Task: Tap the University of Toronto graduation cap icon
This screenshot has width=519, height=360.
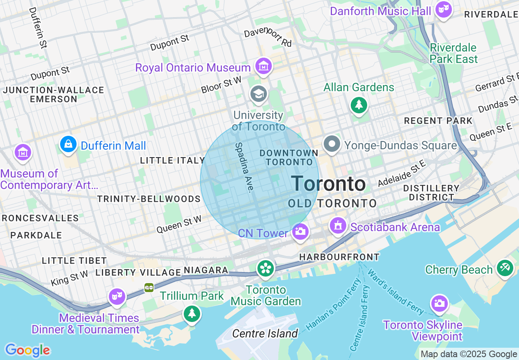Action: pyautogui.click(x=259, y=94)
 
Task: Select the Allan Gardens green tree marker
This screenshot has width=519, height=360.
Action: pyautogui.click(x=359, y=105)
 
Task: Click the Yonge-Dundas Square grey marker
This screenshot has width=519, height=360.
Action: pyautogui.click(x=332, y=144)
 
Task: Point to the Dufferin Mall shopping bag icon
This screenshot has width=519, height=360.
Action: pyautogui.click(x=68, y=144)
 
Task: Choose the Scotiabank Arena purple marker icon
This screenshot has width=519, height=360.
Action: pyautogui.click(x=338, y=226)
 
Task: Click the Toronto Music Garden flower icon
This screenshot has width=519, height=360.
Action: pyautogui.click(x=266, y=269)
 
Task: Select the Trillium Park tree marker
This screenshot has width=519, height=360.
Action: pyautogui.click(x=192, y=314)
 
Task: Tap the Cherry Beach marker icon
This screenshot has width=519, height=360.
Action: pyautogui.click(x=505, y=268)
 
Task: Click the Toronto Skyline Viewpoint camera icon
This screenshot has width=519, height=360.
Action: pyautogui.click(x=439, y=304)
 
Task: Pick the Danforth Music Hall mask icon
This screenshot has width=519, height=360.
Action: pyautogui.click(x=443, y=9)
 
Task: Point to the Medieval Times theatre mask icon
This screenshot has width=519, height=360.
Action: pyautogui.click(x=116, y=296)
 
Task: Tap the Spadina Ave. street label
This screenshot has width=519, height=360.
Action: pyautogui.click(x=245, y=167)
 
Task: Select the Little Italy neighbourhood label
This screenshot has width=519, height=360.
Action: pyautogui.click(x=172, y=160)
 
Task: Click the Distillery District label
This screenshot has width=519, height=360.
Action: pyautogui.click(x=431, y=193)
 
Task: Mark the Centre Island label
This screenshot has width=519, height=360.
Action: pyautogui.click(x=265, y=334)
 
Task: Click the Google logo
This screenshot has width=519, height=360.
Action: pyautogui.click(x=27, y=350)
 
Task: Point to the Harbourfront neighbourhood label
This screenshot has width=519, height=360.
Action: pyautogui.click(x=339, y=257)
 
